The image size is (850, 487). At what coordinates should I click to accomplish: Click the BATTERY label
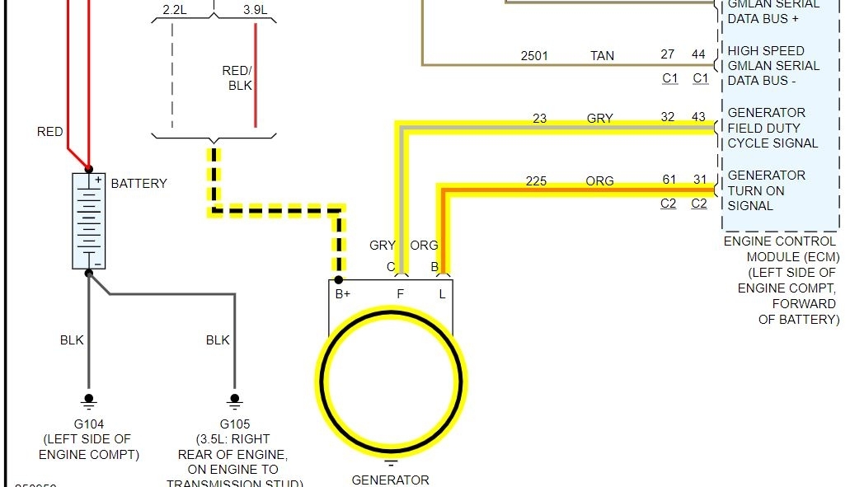pos(139,184)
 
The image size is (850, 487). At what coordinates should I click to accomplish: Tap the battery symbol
pos(89,221)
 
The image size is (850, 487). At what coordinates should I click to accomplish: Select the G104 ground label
pos(89,424)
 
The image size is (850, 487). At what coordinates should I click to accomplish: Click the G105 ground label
pos(234,424)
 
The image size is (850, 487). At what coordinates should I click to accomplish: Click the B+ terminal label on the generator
pos(343,293)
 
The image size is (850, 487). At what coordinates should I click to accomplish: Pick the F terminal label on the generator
pos(401,293)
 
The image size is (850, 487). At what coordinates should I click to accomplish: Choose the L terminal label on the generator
pos(442,293)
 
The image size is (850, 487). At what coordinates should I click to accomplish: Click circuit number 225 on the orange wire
pos(536,181)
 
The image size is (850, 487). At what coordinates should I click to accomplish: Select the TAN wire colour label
pos(602,56)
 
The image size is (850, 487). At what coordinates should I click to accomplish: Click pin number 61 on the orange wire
pos(669,180)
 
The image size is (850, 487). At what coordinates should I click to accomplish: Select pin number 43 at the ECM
pos(699,117)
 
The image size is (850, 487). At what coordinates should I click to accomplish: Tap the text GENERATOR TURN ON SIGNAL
pos(766,190)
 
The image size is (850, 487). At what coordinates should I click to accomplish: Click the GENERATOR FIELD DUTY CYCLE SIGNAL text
pos(773,128)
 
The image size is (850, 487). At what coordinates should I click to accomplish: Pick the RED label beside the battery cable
pos(49,132)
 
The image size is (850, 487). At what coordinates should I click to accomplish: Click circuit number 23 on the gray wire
pos(540,119)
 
